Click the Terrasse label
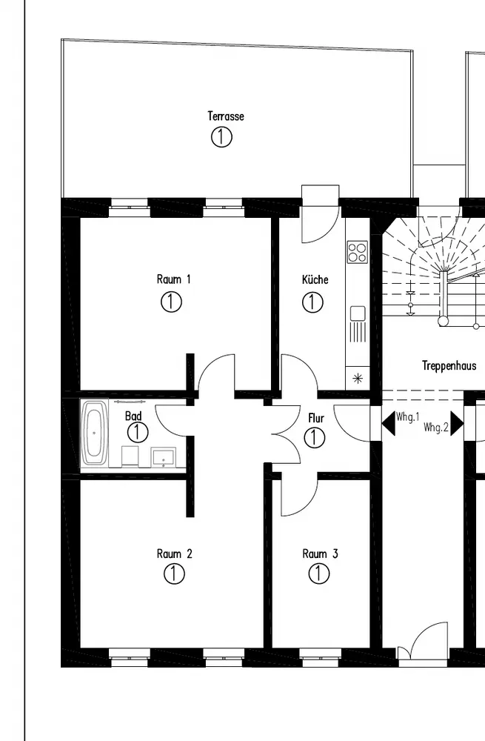click(226, 116)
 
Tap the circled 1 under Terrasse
click(221, 136)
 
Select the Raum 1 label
click(174, 279)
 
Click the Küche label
click(315, 279)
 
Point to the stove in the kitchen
click(357, 252)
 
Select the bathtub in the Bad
click(95, 433)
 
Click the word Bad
click(133, 416)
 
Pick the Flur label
click(316, 418)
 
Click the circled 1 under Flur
click(315, 437)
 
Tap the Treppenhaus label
click(449, 366)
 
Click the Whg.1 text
click(408, 416)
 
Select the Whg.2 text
click(436, 428)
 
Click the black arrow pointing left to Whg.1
click(387, 424)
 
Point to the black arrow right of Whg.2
click(457, 424)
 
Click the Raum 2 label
click(175, 554)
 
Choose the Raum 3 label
click(320, 554)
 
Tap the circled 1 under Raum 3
click(318, 573)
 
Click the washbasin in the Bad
click(162, 457)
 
